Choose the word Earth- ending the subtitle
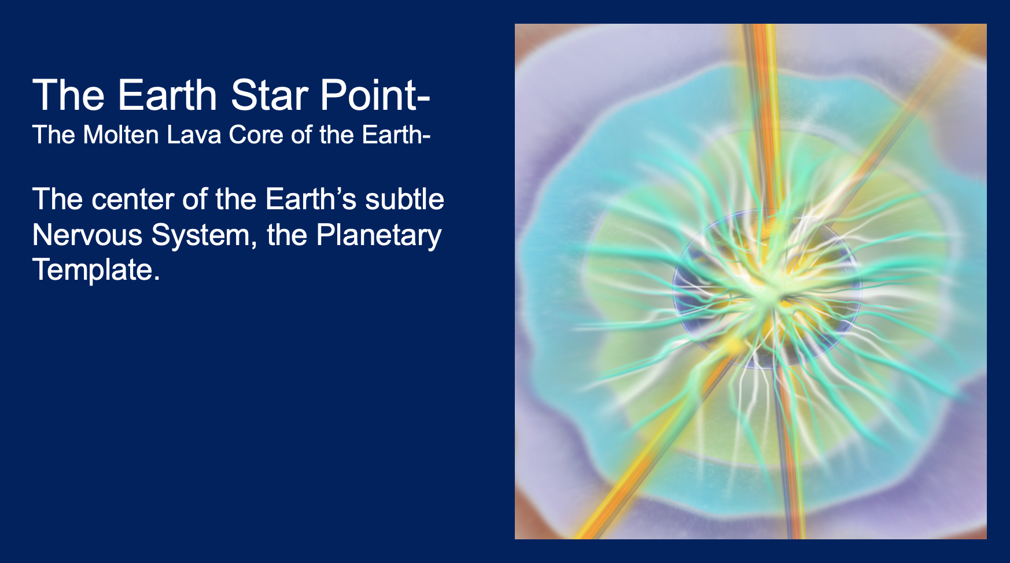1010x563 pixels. (396, 135)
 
